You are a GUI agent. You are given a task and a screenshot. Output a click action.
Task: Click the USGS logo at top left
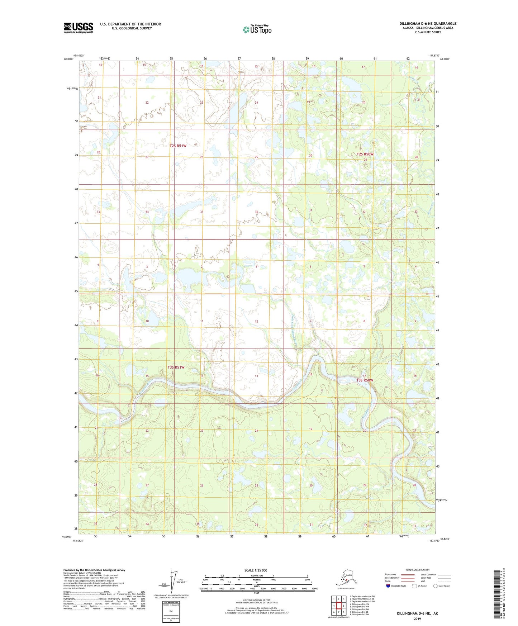click(79, 28)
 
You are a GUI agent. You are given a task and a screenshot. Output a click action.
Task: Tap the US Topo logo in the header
click(257, 29)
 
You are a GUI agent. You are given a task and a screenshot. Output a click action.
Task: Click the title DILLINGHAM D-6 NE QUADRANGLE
click(428, 24)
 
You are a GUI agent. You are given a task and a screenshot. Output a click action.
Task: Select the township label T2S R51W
click(178, 146)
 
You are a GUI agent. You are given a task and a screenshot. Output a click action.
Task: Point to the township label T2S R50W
click(365, 154)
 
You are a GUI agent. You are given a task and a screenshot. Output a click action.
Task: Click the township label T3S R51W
click(176, 367)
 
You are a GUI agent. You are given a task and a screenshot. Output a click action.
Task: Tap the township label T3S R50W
click(365, 380)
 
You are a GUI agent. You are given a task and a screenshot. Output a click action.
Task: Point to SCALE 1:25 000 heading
click(256, 570)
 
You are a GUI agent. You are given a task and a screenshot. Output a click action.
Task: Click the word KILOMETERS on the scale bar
click(256, 575)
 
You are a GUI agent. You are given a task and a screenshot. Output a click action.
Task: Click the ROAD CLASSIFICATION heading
click(417, 570)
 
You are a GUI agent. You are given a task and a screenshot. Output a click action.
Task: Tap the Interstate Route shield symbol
click(388, 586)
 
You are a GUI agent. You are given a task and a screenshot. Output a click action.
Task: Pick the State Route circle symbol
click(436, 586)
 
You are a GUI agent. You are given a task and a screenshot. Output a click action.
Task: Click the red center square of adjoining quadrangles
click(338, 606)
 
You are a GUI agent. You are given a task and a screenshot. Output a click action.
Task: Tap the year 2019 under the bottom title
click(417, 618)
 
